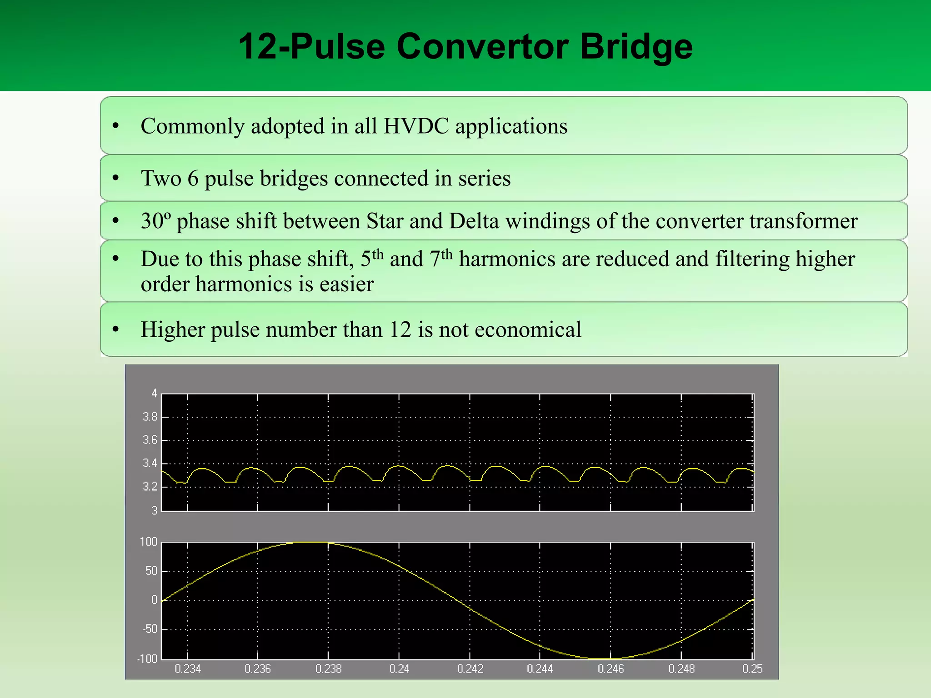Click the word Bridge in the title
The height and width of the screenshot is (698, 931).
coord(636,47)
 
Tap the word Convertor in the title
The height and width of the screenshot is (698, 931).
coord(482,47)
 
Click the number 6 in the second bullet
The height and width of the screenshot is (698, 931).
coord(193,178)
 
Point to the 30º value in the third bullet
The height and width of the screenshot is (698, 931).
coord(155,221)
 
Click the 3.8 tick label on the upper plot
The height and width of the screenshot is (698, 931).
coord(150,417)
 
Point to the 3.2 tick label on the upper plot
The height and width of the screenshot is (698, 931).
coord(150,487)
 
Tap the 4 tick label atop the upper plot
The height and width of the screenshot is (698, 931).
coord(154,394)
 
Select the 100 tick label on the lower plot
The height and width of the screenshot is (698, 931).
coord(148,542)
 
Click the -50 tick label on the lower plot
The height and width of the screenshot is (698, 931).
coord(150,629)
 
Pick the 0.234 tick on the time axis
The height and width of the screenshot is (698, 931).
coord(188,669)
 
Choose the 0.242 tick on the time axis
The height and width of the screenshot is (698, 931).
coord(470,669)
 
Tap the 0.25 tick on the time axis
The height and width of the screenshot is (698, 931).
coord(752,669)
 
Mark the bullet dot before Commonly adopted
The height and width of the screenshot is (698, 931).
coord(116,126)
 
